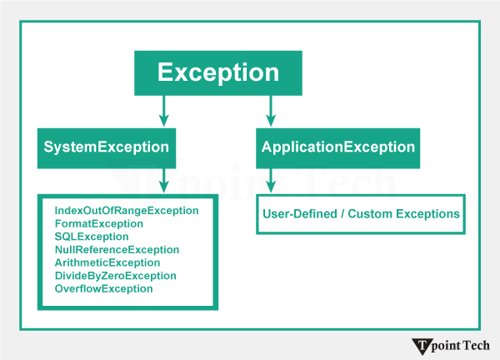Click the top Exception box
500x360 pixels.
pos(218,72)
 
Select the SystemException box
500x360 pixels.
pos(106,147)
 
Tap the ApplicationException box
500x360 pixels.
pos(337,147)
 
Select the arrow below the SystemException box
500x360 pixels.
pos(163,180)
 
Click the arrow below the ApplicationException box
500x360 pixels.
pos(269,180)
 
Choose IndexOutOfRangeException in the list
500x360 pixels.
pos(127,211)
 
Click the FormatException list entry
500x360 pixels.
pos(99,224)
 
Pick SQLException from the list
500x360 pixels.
pos(92,237)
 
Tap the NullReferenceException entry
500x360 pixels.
pos(117,250)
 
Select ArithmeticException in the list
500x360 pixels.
pos(107,262)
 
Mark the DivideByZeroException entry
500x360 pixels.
pos(115,276)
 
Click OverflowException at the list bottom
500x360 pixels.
pos(103,288)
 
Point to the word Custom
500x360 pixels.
pos(369,214)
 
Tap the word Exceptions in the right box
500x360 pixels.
pos(427,214)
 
